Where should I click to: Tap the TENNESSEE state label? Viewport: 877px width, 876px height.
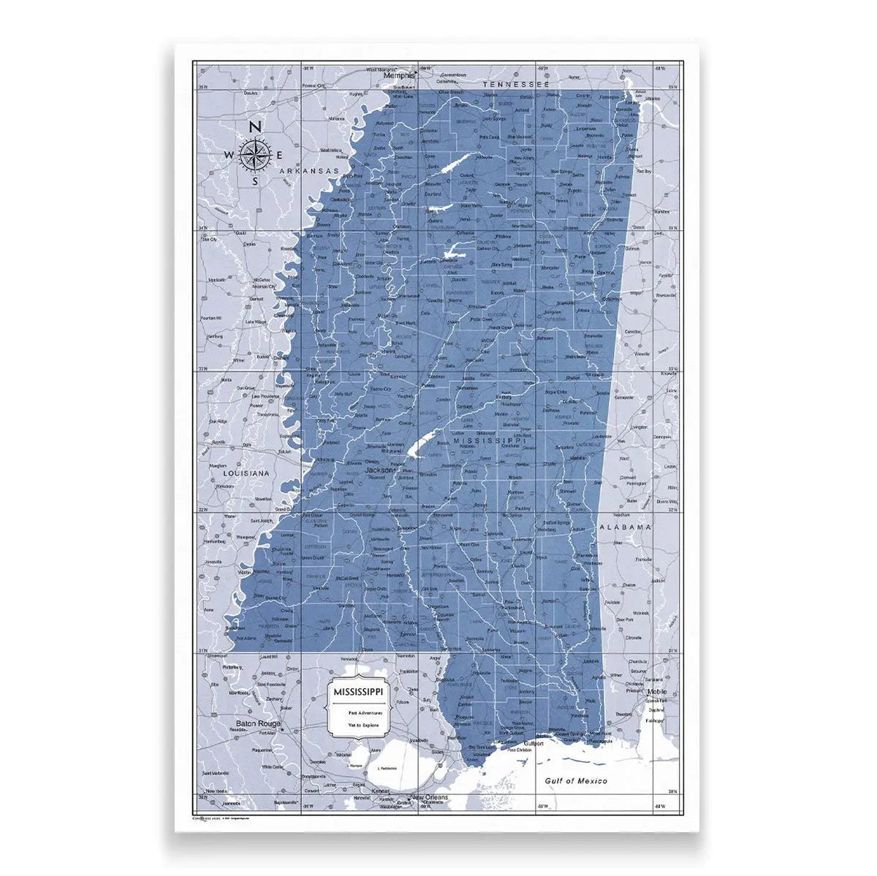(515, 85)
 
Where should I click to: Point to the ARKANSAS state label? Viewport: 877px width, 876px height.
(310, 172)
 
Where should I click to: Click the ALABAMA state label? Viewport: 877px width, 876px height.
(625, 527)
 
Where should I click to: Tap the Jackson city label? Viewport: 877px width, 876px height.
(379, 471)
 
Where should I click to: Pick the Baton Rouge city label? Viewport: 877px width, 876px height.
(258, 725)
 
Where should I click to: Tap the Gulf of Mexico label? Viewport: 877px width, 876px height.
(576, 781)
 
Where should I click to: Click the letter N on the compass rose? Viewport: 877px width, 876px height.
(255, 127)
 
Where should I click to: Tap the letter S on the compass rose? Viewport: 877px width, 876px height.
(255, 180)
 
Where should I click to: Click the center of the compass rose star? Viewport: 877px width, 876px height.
(255, 154)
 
